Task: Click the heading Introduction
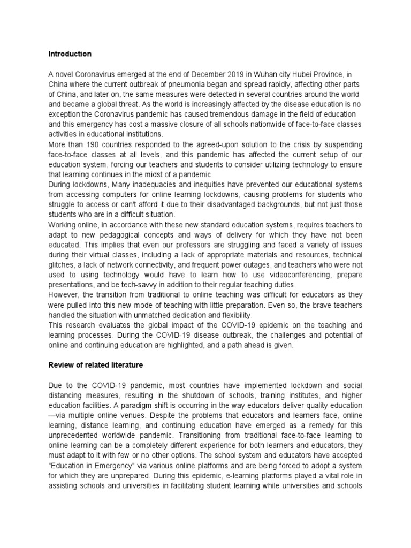70,54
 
